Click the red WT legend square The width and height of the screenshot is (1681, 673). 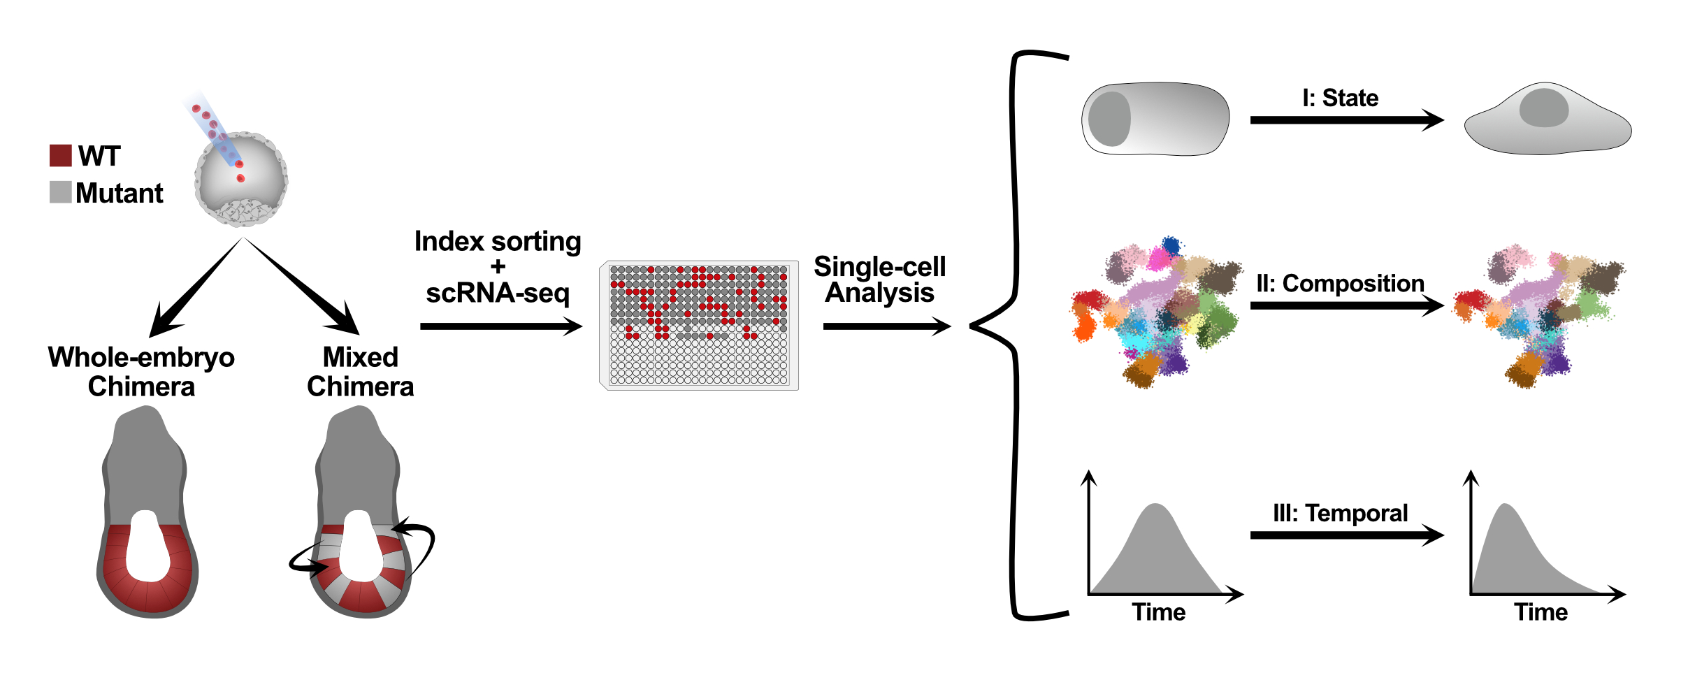(x=61, y=155)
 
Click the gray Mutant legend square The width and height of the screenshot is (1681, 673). (x=61, y=192)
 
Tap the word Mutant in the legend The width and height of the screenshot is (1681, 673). (x=120, y=193)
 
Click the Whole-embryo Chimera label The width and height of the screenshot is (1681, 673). (x=141, y=371)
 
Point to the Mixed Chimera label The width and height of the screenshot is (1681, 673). (x=360, y=371)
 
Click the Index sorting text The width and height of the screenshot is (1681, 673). (x=498, y=242)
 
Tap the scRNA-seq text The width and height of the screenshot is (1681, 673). (x=498, y=293)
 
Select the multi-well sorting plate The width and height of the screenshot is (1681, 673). (x=699, y=325)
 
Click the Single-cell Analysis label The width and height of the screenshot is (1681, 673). (x=879, y=280)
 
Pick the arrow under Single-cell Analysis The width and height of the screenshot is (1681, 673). (x=886, y=326)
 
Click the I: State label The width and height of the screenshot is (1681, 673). (x=1340, y=98)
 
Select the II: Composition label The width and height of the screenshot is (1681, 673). (x=1340, y=283)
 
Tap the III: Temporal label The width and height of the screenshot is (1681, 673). (x=1340, y=513)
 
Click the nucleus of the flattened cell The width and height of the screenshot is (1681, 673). (x=1543, y=108)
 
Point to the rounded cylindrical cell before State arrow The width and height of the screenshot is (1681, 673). (x=1155, y=119)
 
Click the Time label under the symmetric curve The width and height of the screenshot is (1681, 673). (x=1159, y=612)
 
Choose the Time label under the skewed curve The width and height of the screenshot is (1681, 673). (x=1541, y=612)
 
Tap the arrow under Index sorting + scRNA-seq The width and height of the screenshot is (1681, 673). (x=500, y=326)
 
